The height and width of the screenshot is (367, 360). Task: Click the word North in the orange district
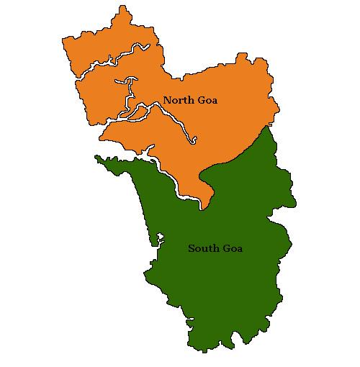pos(177,100)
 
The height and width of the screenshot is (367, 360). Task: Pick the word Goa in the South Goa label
pos(231,248)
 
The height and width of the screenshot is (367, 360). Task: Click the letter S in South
pos(192,248)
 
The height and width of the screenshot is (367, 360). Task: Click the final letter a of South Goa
pos(240,249)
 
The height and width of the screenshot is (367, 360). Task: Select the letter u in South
pos(203,249)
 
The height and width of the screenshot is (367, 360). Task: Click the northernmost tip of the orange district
pos(124,6)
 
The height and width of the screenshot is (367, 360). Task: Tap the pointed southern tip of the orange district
pos(204,209)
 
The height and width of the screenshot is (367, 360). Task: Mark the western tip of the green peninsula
pos(96,155)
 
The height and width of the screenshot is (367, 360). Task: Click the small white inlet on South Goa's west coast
pos(161,237)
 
